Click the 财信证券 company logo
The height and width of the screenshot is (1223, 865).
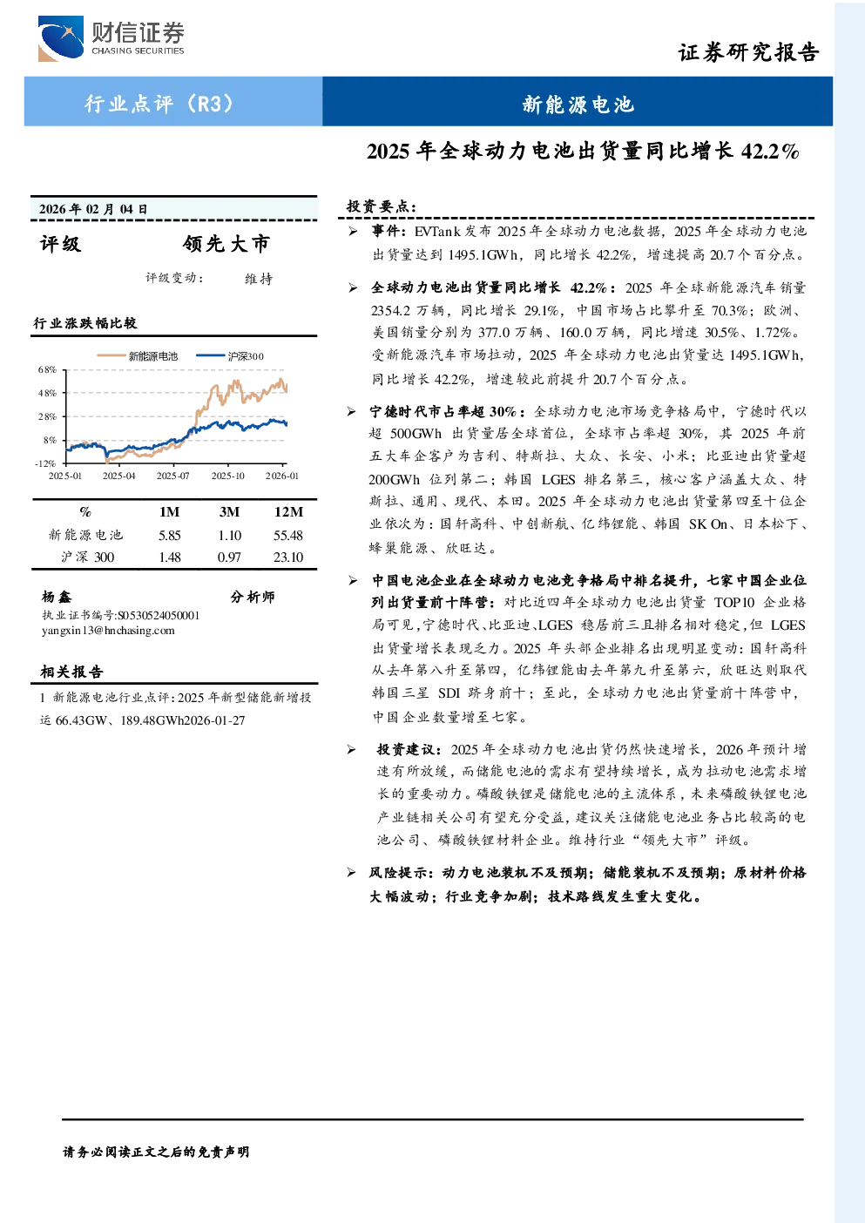click(x=112, y=39)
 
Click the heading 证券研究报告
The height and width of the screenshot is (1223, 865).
click(x=748, y=52)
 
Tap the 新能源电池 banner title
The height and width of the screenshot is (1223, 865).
click(x=578, y=104)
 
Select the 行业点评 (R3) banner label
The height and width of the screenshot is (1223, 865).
click(x=159, y=103)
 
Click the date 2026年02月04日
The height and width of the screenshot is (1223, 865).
click(x=93, y=209)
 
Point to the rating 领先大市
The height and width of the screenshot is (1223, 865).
click(x=226, y=244)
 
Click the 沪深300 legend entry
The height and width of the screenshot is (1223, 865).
click(x=230, y=356)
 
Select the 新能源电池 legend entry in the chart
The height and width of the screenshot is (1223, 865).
click(x=138, y=356)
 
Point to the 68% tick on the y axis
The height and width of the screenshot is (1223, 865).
click(x=48, y=369)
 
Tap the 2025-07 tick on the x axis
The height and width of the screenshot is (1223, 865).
click(x=173, y=476)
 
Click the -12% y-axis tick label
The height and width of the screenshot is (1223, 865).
click(x=45, y=463)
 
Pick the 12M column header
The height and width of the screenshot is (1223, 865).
click(x=288, y=511)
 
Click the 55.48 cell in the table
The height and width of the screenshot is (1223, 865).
click(x=287, y=535)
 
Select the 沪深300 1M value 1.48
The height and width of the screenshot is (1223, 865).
click(x=169, y=557)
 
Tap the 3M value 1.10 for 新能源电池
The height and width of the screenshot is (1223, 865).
click(x=229, y=535)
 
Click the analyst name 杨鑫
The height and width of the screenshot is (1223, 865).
click(x=57, y=597)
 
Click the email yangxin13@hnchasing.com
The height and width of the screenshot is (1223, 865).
click(x=108, y=631)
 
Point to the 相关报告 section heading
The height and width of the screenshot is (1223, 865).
click(x=71, y=671)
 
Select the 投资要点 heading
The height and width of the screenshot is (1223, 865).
click(x=382, y=206)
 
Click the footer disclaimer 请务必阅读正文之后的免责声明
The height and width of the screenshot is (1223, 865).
click(x=156, y=1152)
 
